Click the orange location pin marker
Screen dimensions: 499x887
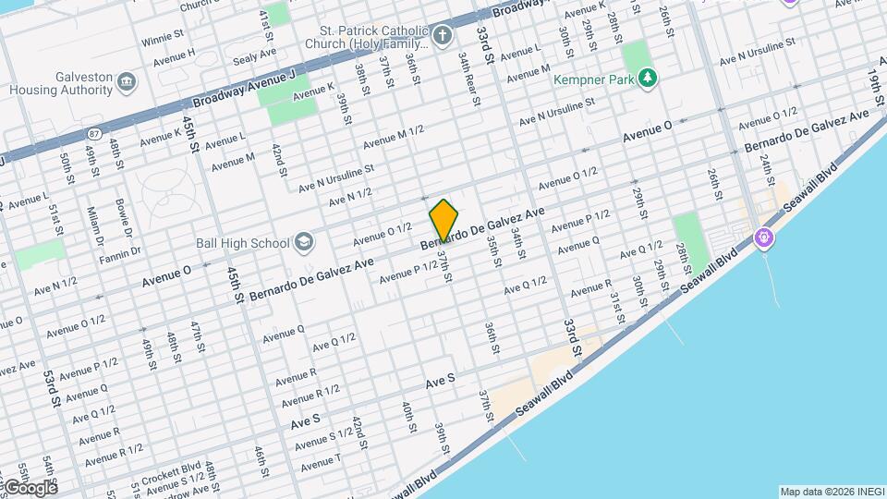tap(444, 221)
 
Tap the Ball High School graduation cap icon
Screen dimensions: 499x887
tap(303, 243)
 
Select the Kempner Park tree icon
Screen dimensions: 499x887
tap(649, 79)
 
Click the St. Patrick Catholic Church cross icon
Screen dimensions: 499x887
tap(443, 37)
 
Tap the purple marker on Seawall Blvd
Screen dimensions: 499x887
tap(764, 238)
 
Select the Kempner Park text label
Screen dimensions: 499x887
tap(594, 79)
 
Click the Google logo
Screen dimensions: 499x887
tap(30, 487)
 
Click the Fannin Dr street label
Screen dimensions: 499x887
tap(123, 250)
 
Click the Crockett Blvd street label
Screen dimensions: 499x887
tap(178, 468)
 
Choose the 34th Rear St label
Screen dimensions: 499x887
tap(468, 79)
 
